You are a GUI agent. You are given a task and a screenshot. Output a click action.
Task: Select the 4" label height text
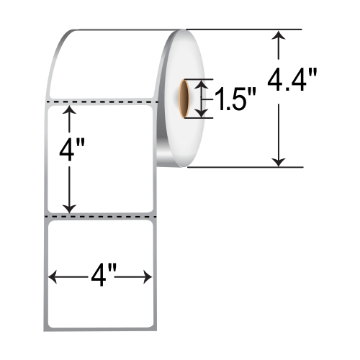pos(70,153)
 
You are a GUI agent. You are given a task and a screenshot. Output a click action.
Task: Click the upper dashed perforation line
pos(101,102)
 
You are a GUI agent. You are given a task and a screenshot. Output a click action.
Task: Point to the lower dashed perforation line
pos(101,215)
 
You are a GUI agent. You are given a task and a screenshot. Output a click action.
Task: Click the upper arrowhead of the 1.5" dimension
pos(202,84)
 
